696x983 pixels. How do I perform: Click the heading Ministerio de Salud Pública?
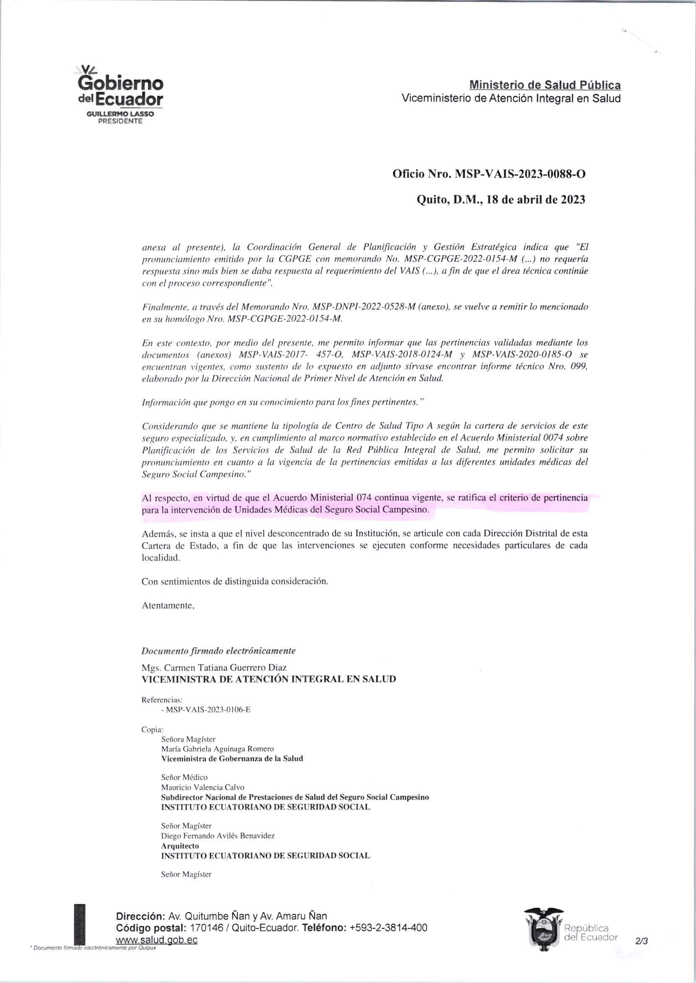(545, 84)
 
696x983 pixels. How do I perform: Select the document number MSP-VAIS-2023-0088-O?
(519, 174)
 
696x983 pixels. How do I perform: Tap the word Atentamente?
(169, 605)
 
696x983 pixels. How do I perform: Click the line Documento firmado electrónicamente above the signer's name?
(218, 651)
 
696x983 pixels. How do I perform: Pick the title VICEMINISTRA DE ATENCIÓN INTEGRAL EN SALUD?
(269, 679)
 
